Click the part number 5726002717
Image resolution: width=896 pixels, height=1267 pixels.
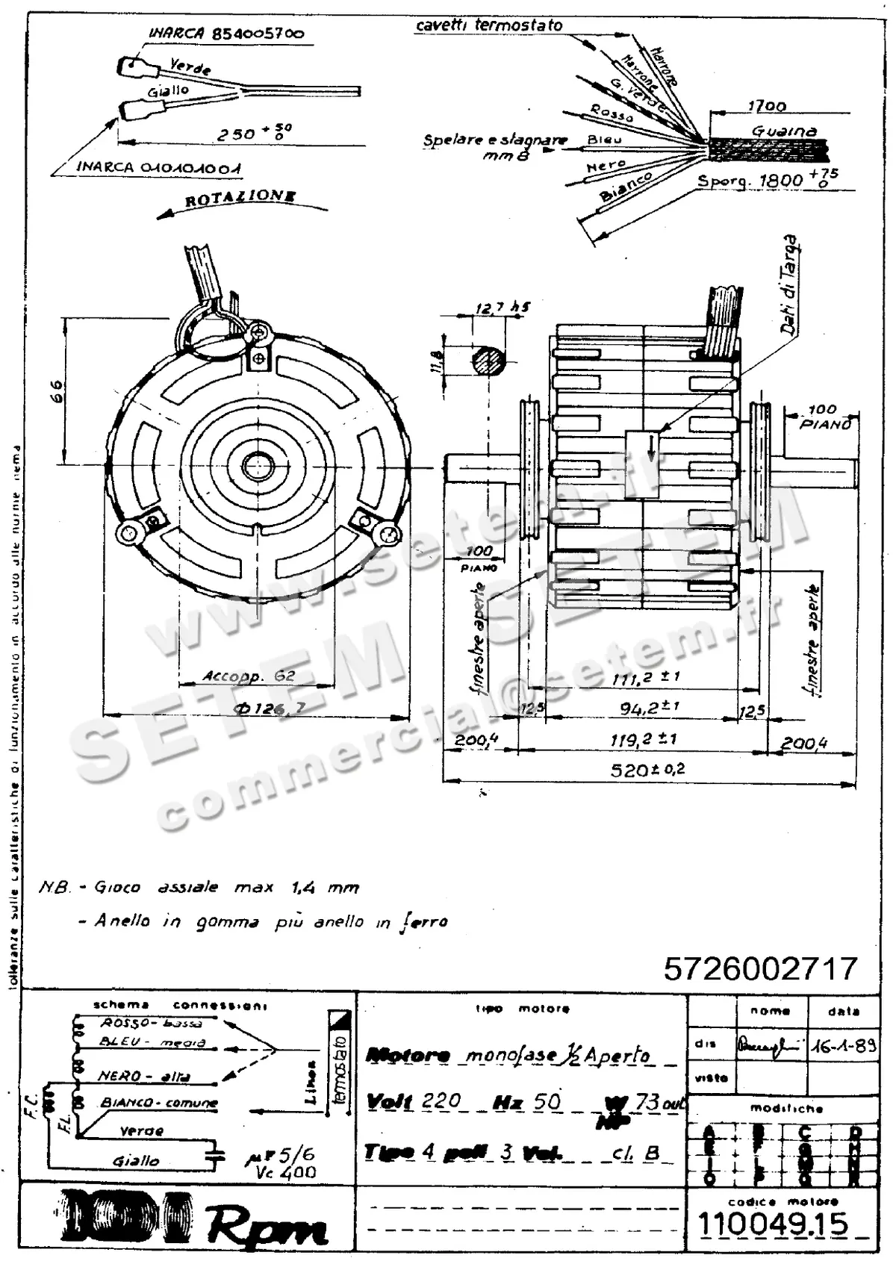pyautogui.click(x=760, y=968)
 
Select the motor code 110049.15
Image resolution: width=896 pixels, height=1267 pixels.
pyautogui.click(x=773, y=1224)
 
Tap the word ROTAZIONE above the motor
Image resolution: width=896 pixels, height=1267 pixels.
pyautogui.click(x=240, y=199)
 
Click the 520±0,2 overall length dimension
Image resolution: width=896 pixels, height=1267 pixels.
pyautogui.click(x=647, y=770)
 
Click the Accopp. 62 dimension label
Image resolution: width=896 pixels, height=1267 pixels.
pyautogui.click(x=249, y=677)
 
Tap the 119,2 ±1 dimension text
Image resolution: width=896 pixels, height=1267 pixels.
pyautogui.click(x=643, y=739)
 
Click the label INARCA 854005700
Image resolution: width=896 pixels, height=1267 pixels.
pyautogui.click(x=225, y=34)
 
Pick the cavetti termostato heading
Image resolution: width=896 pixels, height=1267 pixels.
pyautogui.click(x=489, y=25)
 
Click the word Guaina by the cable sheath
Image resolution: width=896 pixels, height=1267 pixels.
pyautogui.click(x=783, y=131)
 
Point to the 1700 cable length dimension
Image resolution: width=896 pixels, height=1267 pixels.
pyautogui.click(x=767, y=106)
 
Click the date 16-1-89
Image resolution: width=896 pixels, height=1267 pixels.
pyautogui.click(x=844, y=1045)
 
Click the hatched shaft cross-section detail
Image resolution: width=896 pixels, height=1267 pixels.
pyautogui.click(x=488, y=362)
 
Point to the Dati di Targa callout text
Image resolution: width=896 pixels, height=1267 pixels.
pyautogui.click(x=790, y=284)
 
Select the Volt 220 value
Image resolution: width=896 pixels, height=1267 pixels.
pyautogui.click(x=441, y=1101)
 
